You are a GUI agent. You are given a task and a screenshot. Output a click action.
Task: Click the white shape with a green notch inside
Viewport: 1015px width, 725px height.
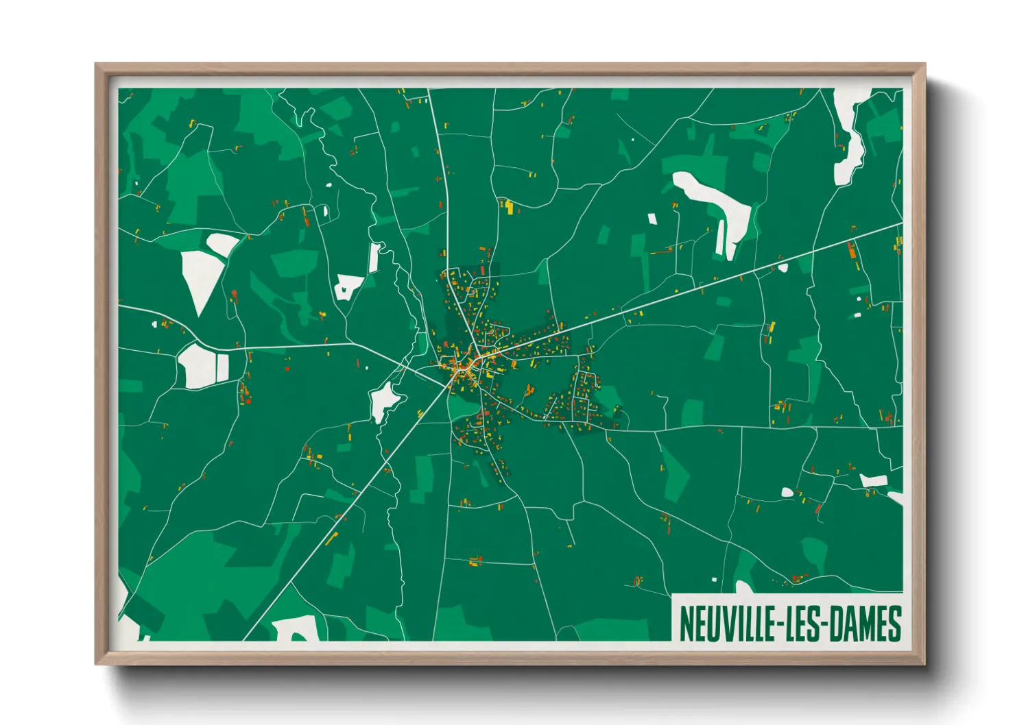point(348,286)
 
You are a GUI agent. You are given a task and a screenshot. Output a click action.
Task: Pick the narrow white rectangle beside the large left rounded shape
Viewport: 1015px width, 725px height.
point(223,367)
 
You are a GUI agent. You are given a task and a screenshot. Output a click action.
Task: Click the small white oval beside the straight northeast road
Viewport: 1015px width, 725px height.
point(783,268)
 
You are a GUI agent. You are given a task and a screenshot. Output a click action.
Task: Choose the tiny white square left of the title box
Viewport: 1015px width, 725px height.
point(714,580)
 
